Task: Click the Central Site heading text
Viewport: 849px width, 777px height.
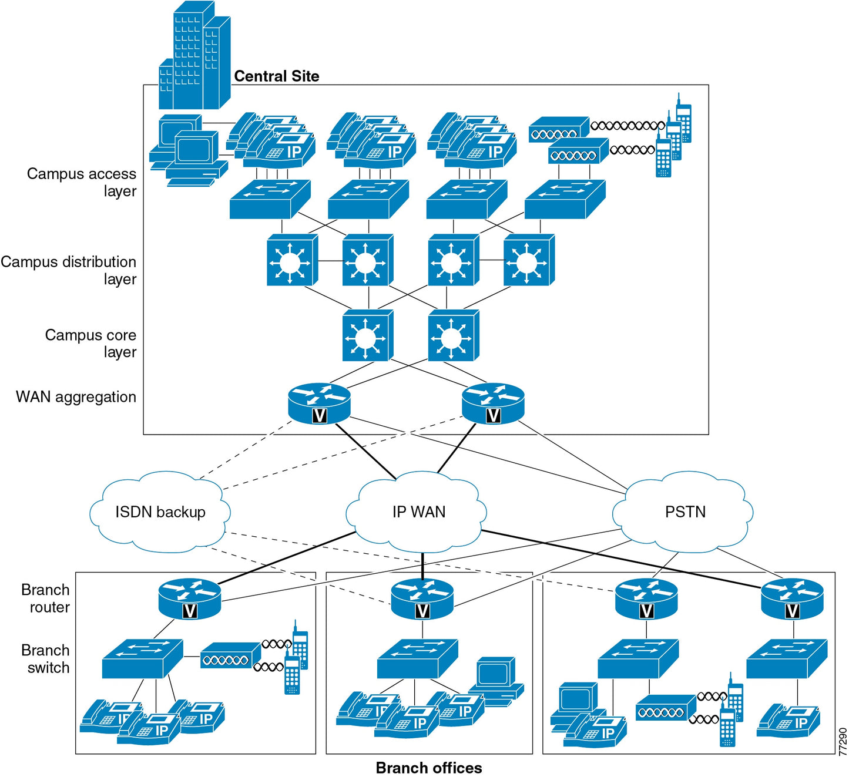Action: click(x=276, y=76)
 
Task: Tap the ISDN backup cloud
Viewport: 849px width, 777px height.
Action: click(x=160, y=512)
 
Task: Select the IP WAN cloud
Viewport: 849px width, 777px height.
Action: click(x=418, y=512)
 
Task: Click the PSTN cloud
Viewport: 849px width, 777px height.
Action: click(x=684, y=512)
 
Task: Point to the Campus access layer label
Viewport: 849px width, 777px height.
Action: click(x=82, y=182)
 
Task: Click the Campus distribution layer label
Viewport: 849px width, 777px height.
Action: click(x=69, y=270)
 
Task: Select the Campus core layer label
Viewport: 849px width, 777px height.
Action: click(x=91, y=343)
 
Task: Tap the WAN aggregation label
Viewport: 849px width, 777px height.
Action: click(x=76, y=397)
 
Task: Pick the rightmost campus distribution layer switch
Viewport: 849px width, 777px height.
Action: click(x=528, y=260)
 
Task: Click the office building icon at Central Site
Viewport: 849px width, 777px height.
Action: click(x=194, y=56)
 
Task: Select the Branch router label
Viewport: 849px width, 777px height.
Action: click(x=46, y=598)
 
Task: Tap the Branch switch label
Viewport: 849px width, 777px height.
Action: click(x=46, y=659)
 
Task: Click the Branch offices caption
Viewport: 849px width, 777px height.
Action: click(x=428, y=768)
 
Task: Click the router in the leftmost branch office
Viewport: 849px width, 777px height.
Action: click(x=190, y=598)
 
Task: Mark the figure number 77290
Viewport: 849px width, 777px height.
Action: click(x=843, y=741)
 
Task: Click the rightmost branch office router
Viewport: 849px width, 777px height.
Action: click(x=792, y=598)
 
